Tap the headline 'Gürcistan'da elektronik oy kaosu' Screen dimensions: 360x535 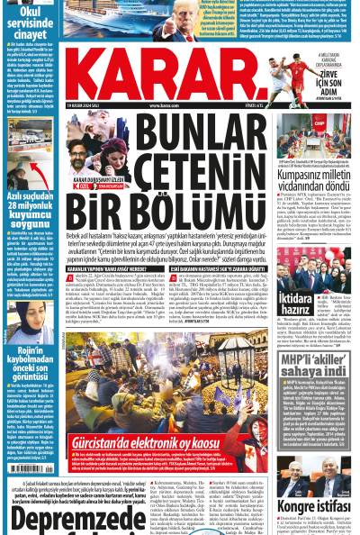(148, 441)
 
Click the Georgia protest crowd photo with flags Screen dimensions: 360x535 (148, 393)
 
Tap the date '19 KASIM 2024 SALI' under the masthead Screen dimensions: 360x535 (86, 105)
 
